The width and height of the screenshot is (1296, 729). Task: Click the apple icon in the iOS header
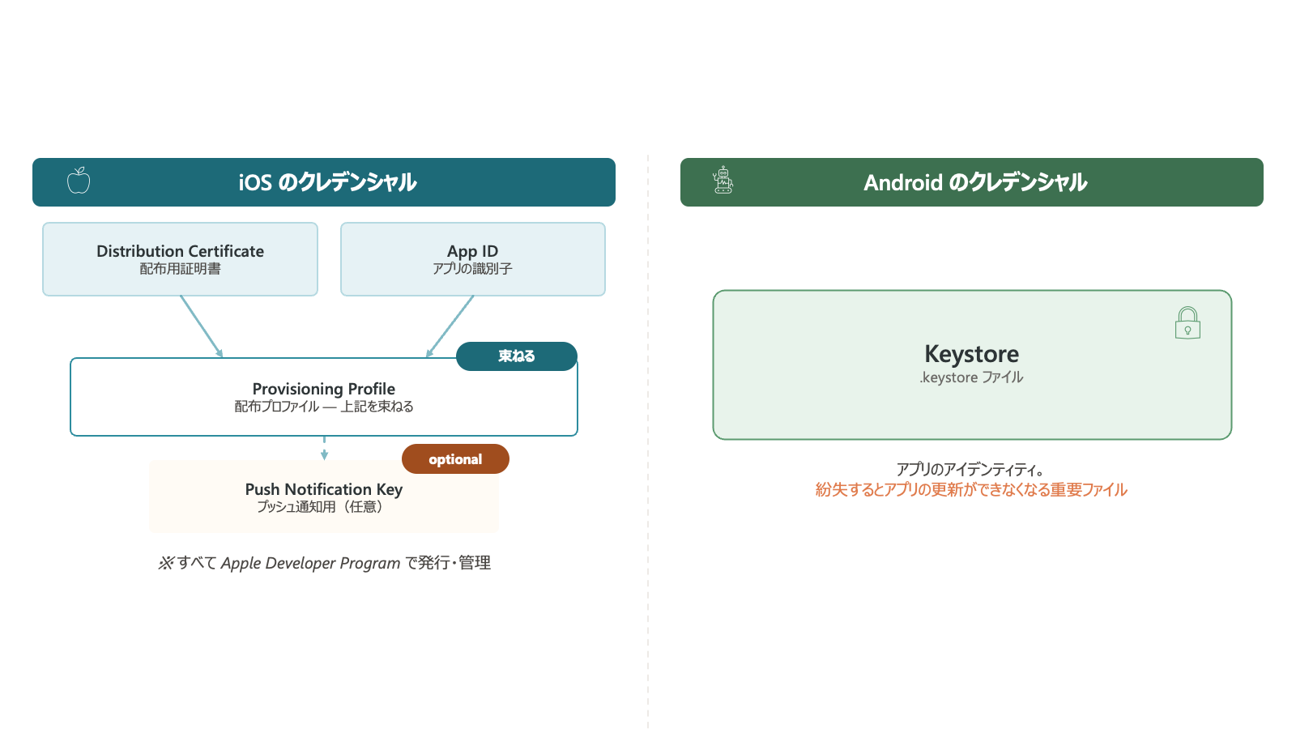(79, 181)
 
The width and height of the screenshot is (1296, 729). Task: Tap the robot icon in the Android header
(723, 180)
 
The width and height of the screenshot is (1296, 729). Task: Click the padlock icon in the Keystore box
(1187, 323)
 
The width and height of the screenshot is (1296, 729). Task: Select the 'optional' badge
(455, 458)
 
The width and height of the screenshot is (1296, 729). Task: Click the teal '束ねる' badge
(517, 356)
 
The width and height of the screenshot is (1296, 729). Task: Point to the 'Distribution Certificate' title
(180, 251)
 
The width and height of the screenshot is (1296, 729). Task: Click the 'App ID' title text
(473, 251)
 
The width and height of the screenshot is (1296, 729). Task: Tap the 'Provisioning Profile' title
(323, 389)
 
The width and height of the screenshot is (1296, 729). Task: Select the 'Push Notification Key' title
(323, 489)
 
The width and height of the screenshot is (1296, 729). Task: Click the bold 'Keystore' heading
(971, 353)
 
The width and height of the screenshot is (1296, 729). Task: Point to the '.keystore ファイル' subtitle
(971, 377)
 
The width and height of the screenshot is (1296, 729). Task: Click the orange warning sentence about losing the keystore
(971, 490)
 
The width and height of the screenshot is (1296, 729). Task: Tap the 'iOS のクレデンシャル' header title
(327, 182)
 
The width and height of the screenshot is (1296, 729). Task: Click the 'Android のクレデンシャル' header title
(975, 182)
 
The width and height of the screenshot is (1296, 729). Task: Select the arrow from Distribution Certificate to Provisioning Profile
(202, 326)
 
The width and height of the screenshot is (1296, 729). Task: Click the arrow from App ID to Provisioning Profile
(450, 326)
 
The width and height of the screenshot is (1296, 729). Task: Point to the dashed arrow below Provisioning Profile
(324, 449)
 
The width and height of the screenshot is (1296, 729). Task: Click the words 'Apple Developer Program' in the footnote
(311, 563)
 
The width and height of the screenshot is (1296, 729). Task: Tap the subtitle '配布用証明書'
(180, 269)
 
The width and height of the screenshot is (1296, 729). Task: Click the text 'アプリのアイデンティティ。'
(971, 469)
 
